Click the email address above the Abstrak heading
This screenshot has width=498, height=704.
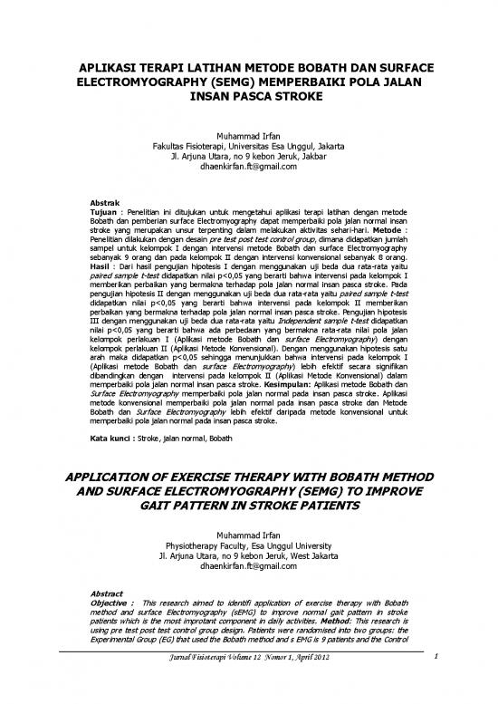coord(248,169)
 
